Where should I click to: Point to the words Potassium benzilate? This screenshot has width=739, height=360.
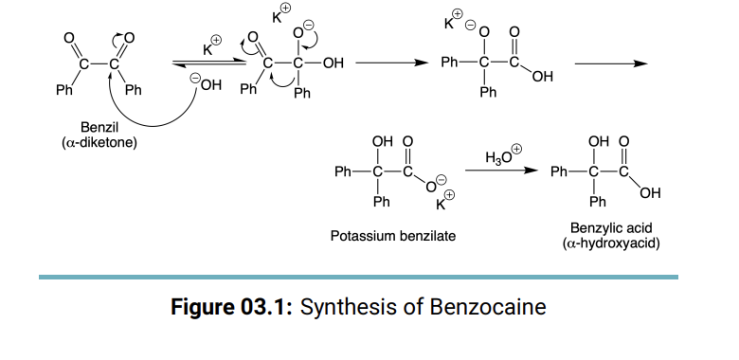pos(391,235)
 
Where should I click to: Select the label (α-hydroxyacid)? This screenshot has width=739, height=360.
pos(611,243)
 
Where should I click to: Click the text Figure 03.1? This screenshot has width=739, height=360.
pos(231,308)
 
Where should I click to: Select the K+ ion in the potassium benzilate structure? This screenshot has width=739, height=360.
pos(443,201)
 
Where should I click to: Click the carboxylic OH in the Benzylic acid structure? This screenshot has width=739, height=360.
pos(650,194)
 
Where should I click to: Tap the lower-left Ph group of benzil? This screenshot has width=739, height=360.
pos(63,91)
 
